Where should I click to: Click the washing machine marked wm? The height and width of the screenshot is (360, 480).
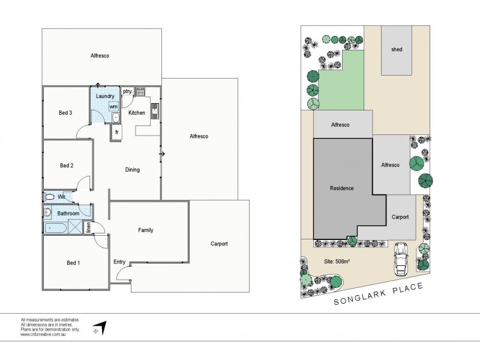pyautogui.click(x=113, y=107)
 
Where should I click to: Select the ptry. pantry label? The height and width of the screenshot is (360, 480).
pyautogui.click(x=127, y=91)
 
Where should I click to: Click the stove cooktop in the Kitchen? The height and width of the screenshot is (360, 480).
pyautogui.click(x=140, y=92)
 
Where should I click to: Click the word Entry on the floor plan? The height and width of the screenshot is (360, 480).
pyautogui.click(x=120, y=262)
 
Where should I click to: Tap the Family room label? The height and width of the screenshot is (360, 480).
pyautogui.click(x=145, y=230)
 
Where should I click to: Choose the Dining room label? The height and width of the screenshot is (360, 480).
pyautogui.click(x=132, y=170)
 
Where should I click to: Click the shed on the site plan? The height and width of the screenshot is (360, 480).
pyautogui.click(x=396, y=50)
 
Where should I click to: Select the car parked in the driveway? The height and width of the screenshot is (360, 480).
pyautogui.click(x=401, y=257)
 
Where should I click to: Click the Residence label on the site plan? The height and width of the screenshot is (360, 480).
pyautogui.click(x=341, y=188)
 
